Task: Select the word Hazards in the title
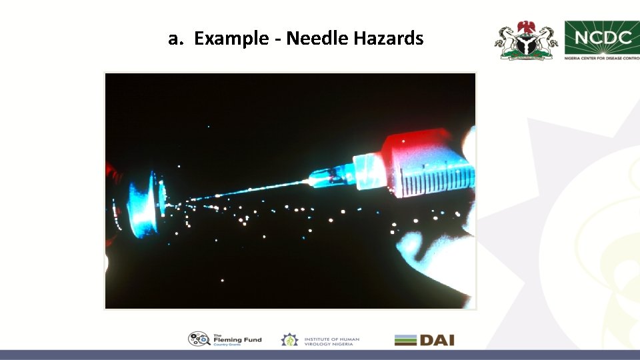pyautogui.click(x=388, y=39)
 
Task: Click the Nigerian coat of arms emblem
pyautogui.click(x=525, y=41)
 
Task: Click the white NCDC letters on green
pyautogui.click(x=603, y=36)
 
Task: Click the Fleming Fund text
pyautogui.click(x=237, y=340)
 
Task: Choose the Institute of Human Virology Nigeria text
pyautogui.click(x=331, y=341)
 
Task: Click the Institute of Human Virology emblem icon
pyautogui.click(x=289, y=340)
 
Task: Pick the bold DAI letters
pyautogui.click(x=437, y=340)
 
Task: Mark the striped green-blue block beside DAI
pyautogui.click(x=405, y=340)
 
